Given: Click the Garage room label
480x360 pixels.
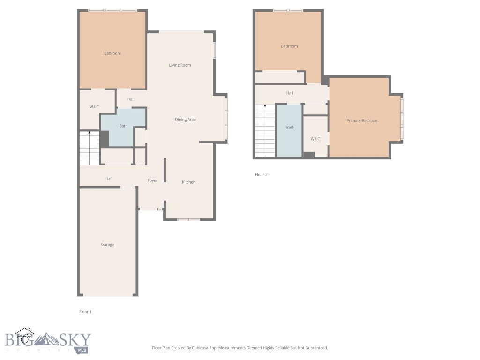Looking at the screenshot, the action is pos(107,244).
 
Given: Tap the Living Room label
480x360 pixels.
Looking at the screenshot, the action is pos(180,65).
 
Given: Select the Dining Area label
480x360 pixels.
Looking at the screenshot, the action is pos(185,120).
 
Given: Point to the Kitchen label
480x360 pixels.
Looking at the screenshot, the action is pos(188,182).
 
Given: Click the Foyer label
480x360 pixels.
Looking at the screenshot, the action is pos(152,180).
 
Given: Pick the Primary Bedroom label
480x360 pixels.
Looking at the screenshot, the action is pos(362,120).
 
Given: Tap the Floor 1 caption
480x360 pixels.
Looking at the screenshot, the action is pos(85,312).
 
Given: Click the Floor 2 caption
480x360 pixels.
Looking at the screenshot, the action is pos(261,174).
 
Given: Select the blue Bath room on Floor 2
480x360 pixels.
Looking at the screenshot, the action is pos(289,131).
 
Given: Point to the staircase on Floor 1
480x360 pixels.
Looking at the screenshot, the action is pos(90,148).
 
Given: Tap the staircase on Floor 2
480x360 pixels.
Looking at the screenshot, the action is pos(265,131).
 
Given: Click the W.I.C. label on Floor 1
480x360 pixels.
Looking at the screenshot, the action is pos(94,107).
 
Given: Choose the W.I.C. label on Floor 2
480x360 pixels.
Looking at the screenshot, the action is pos(315,139).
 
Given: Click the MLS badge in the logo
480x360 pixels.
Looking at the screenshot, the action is pos(82,350).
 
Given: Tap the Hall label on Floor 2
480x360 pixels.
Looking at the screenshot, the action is pos(290,93).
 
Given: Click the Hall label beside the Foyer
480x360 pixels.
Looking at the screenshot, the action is pos(109,179).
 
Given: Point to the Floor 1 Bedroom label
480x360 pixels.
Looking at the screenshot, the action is pos(112,53).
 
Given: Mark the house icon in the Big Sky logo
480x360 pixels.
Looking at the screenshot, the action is pos(24,336).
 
